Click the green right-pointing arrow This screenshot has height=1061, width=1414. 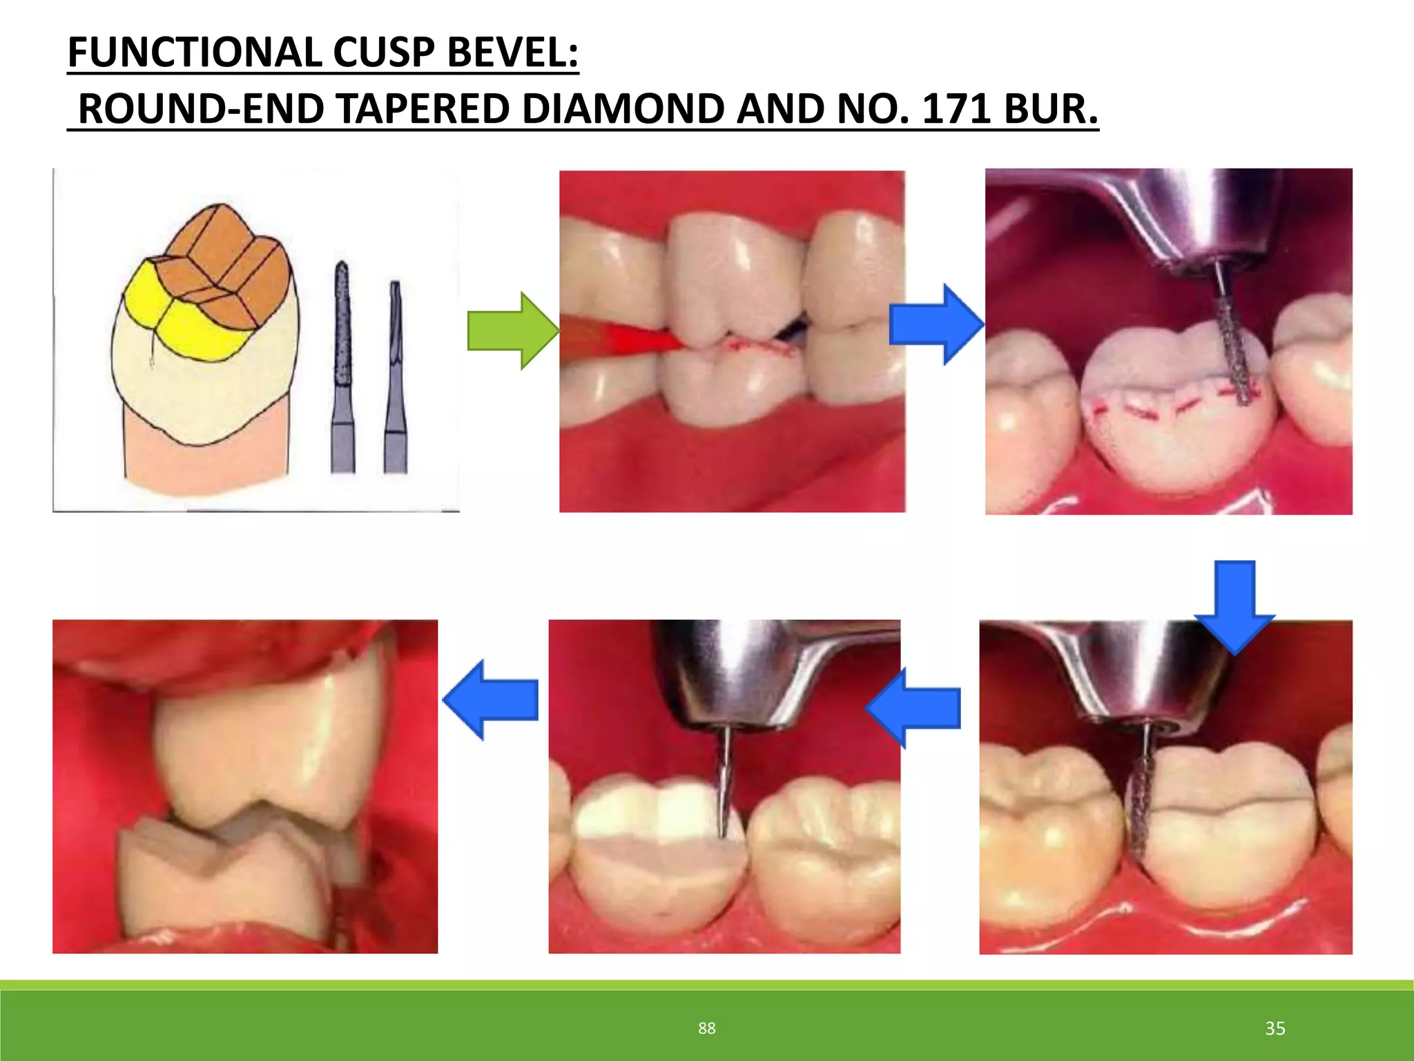coord(512,331)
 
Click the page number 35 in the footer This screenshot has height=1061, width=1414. coord(1275,1029)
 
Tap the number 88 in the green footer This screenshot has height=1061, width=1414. coord(706,1029)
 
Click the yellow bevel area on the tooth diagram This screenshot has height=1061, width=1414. coord(183,318)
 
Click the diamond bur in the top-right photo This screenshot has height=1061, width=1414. coord(1232,352)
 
